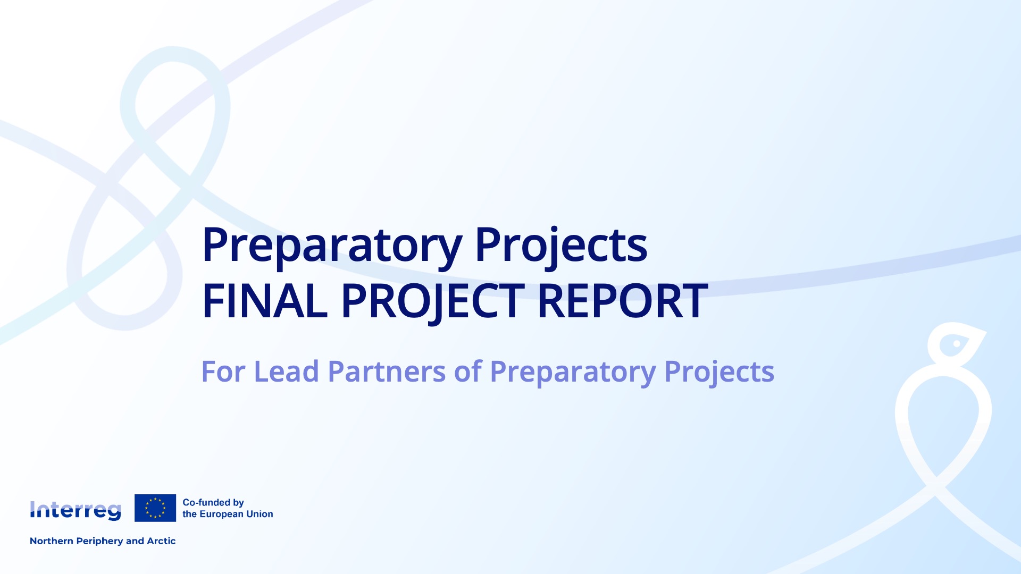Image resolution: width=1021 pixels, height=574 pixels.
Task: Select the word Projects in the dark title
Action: [x=561, y=246]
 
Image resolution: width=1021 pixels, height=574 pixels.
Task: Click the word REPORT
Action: [x=623, y=301]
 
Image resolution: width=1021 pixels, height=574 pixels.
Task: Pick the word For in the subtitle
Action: [x=223, y=372]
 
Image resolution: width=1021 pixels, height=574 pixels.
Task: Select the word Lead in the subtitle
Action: [x=287, y=372]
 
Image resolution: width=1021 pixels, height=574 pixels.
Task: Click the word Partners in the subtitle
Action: [x=387, y=372]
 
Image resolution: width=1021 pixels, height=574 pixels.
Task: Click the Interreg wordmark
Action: [x=76, y=510]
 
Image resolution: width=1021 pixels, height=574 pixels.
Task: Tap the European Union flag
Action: [x=155, y=508]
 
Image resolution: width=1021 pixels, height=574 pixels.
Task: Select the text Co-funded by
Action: [x=213, y=503]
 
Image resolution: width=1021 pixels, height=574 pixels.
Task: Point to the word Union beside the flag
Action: [x=260, y=514]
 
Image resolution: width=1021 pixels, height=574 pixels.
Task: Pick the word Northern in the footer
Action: [x=52, y=541]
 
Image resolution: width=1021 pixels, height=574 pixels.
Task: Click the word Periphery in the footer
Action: [x=100, y=542]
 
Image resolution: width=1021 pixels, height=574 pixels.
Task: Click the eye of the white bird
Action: [x=957, y=344]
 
